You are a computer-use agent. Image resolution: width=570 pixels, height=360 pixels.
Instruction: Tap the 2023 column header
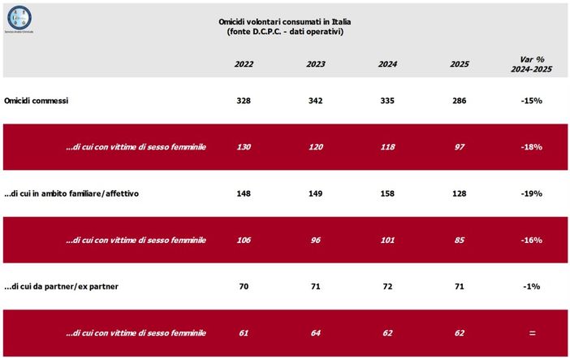pos(316,63)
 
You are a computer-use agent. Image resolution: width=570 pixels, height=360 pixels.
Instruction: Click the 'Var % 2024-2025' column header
pos(531,63)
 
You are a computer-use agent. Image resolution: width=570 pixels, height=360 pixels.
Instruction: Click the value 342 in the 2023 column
pos(316,101)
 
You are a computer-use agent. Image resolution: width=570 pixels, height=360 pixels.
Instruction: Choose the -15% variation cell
pos(531,101)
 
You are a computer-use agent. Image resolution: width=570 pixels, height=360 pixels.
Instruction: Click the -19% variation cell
pos(531,193)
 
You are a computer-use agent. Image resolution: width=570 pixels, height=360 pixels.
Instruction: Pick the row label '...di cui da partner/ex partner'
pos(64,286)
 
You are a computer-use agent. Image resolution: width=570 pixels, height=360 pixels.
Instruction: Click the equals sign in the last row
pos(531,332)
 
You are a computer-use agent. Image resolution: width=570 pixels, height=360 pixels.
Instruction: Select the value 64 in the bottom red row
pos(316,332)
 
